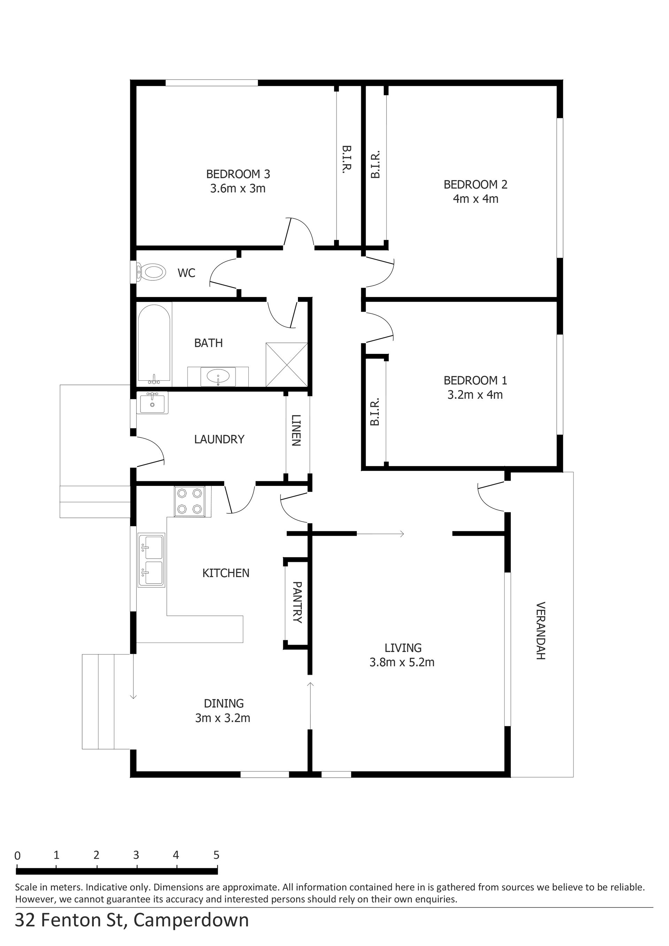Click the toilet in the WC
point(151,272)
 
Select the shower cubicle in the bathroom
point(286,365)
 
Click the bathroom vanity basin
point(218,376)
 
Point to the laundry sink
point(153,403)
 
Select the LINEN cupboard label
point(297,430)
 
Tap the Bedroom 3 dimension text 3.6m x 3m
point(238,189)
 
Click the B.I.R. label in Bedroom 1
point(374,412)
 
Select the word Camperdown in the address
point(191,921)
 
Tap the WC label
point(186,273)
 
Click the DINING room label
point(224,703)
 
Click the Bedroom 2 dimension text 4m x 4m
point(476,199)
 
